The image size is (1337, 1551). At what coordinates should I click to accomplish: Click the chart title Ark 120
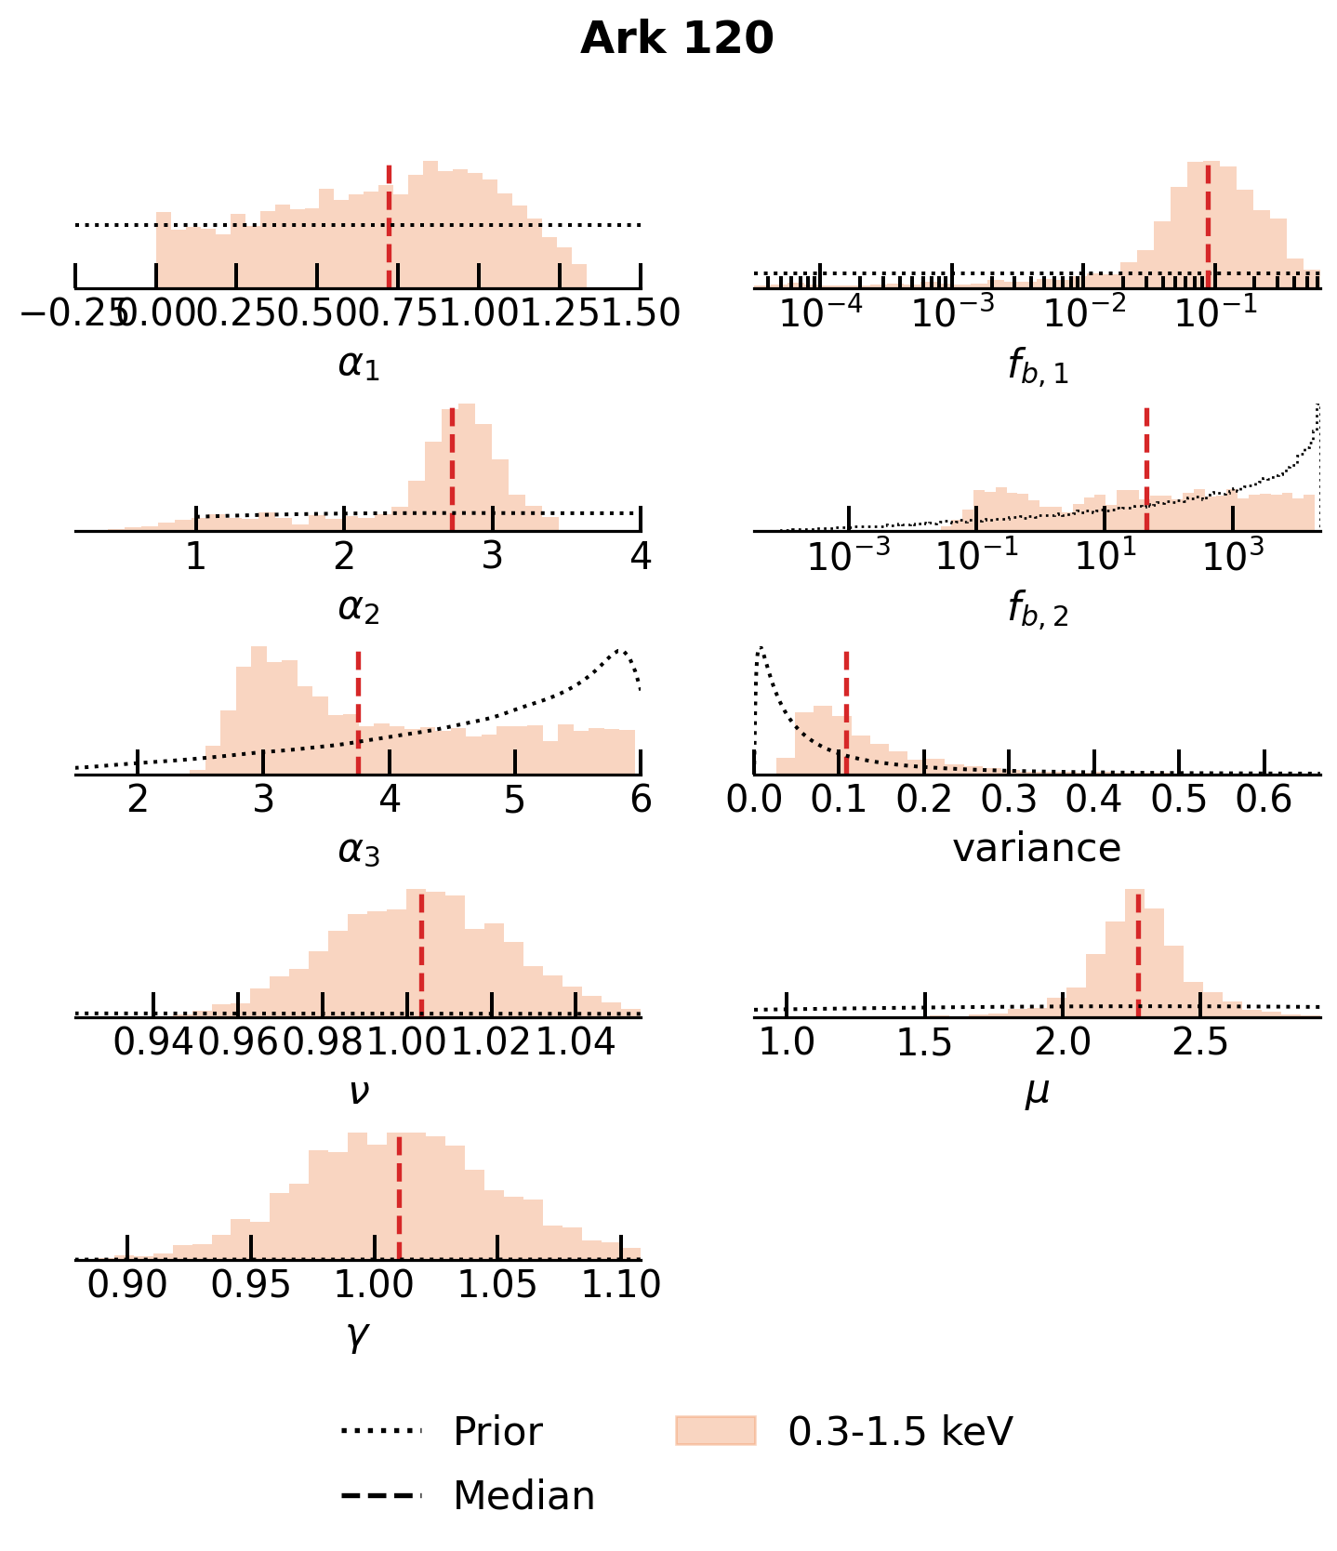pos(676,39)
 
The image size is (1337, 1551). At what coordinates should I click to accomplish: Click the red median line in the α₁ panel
pos(389,228)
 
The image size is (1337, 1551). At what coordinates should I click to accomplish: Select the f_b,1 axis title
pos(1038,366)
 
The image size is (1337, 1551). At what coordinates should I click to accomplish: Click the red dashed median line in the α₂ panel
pos(452,470)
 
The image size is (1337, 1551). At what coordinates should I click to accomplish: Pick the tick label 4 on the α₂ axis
pos(640,556)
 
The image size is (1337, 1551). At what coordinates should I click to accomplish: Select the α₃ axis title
pos(359,850)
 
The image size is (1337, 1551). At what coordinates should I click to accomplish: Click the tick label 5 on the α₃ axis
pos(514,799)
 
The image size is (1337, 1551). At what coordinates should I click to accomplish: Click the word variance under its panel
pos(1037,848)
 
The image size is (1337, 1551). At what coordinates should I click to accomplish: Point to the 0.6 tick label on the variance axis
pos(1264,799)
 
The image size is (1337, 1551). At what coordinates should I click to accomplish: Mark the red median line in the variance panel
pos(846,712)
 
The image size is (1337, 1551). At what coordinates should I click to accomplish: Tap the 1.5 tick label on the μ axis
pos(924,1042)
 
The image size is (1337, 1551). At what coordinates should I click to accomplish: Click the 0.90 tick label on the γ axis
pos(127,1285)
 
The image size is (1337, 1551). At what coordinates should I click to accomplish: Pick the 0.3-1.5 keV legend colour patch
pos(715,1431)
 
